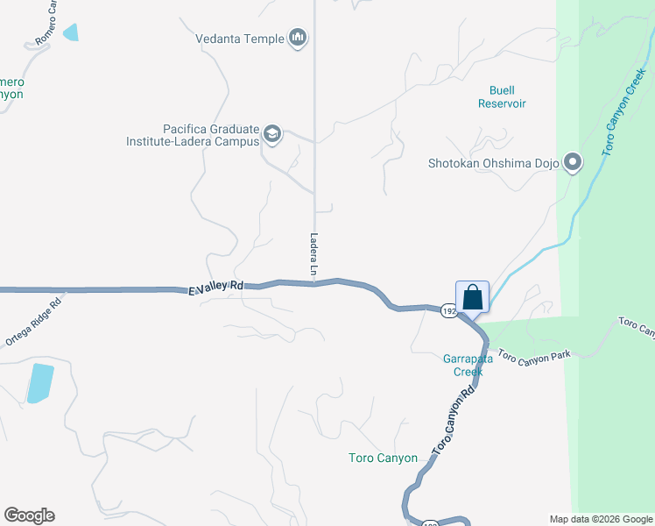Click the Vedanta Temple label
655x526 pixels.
(239, 39)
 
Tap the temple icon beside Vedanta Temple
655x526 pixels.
(299, 38)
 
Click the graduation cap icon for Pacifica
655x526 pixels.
(272, 134)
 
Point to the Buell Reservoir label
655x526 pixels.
(502, 96)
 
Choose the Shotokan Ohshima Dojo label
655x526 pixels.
(493, 163)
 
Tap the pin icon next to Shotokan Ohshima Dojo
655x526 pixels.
(573, 162)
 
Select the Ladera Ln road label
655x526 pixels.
(313, 255)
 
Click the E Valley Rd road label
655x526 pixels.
(215, 288)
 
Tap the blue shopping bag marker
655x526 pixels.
(472, 296)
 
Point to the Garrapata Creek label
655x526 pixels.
(463, 364)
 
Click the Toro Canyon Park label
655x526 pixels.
(533, 356)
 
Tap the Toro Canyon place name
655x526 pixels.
(383, 458)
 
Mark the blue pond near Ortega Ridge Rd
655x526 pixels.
(39, 382)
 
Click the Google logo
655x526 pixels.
(29, 515)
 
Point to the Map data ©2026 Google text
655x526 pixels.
(600, 519)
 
